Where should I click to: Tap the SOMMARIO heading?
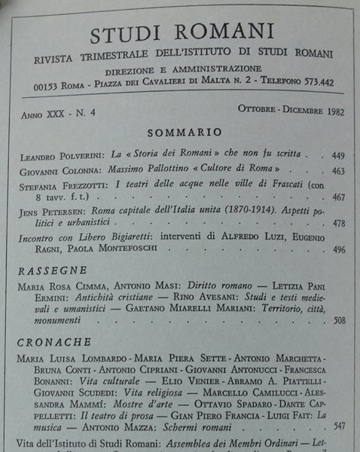(x=181, y=132)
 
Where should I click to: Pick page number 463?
(x=338, y=172)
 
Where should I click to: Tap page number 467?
(x=338, y=197)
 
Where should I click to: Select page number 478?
(x=338, y=223)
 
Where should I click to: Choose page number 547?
(x=338, y=426)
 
